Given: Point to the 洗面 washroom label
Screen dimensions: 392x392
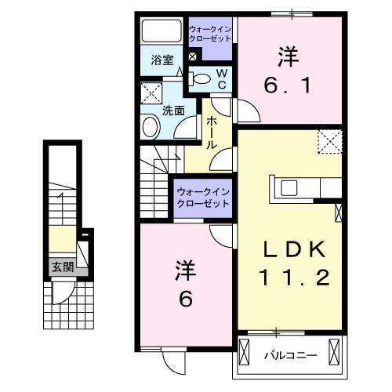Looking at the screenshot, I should click(x=174, y=110).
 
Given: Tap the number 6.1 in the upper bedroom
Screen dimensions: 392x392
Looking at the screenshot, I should click(x=290, y=82).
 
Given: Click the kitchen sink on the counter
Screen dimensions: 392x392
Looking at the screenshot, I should click(x=289, y=187).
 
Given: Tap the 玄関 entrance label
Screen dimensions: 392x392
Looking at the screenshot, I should click(x=62, y=267).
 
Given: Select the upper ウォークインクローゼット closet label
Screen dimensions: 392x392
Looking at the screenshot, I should click(x=210, y=34).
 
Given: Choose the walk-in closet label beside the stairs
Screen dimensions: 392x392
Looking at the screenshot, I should click(x=202, y=197).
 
